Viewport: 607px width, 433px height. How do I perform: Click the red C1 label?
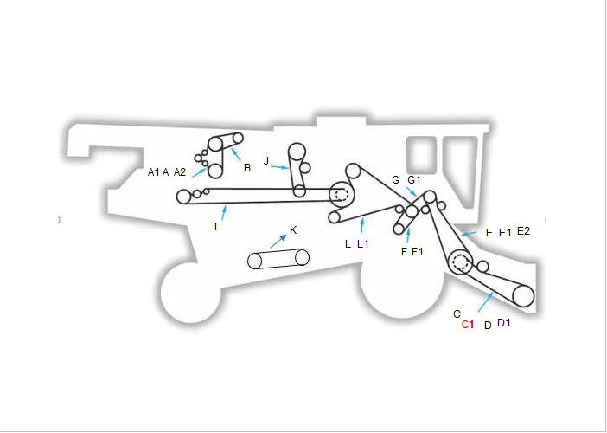pyautogui.click(x=468, y=325)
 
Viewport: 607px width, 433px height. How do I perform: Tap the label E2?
pyautogui.click(x=523, y=231)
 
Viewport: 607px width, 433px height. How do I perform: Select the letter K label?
pyautogui.click(x=293, y=230)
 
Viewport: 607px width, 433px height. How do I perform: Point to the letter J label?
pyautogui.click(x=266, y=161)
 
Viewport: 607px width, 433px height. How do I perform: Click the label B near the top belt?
pyautogui.click(x=247, y=168)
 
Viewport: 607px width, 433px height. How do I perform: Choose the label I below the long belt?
pyautogui.click(x=215, y=227)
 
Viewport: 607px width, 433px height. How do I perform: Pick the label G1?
pyautogui.click(x=414, y=180)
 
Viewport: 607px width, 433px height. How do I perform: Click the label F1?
pyautogui.click(x=418, y=252)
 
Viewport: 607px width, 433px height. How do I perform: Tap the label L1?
pyautogui.click(x=362, y=244)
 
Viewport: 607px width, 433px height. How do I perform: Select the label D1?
pyautogui.click(x=503, y=322)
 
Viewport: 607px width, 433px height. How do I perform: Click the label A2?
pyautogui.click(x=180, y=172)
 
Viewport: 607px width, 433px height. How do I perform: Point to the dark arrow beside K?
pyautogui.click(x=278, y=241)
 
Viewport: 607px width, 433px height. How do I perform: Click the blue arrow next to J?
pyautogui.click(x=279, y=167)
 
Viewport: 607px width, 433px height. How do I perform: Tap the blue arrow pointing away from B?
pyautogui.click(x=236, y=154)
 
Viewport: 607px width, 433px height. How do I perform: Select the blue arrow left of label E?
pyautogui.click(x=469, y=234)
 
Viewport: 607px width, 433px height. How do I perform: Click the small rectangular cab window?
pyautogui.click(x=422, y=155)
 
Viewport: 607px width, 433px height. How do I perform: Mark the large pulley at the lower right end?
pyautogui.click(x=523, y=296)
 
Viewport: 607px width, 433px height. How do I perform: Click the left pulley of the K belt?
pyautogui.click(x=254, y=261)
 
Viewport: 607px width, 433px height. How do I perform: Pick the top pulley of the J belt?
pyautogui.click(x=297, y=152)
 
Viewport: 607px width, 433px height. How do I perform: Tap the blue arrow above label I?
pyautogui.click(x=224, y=213)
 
